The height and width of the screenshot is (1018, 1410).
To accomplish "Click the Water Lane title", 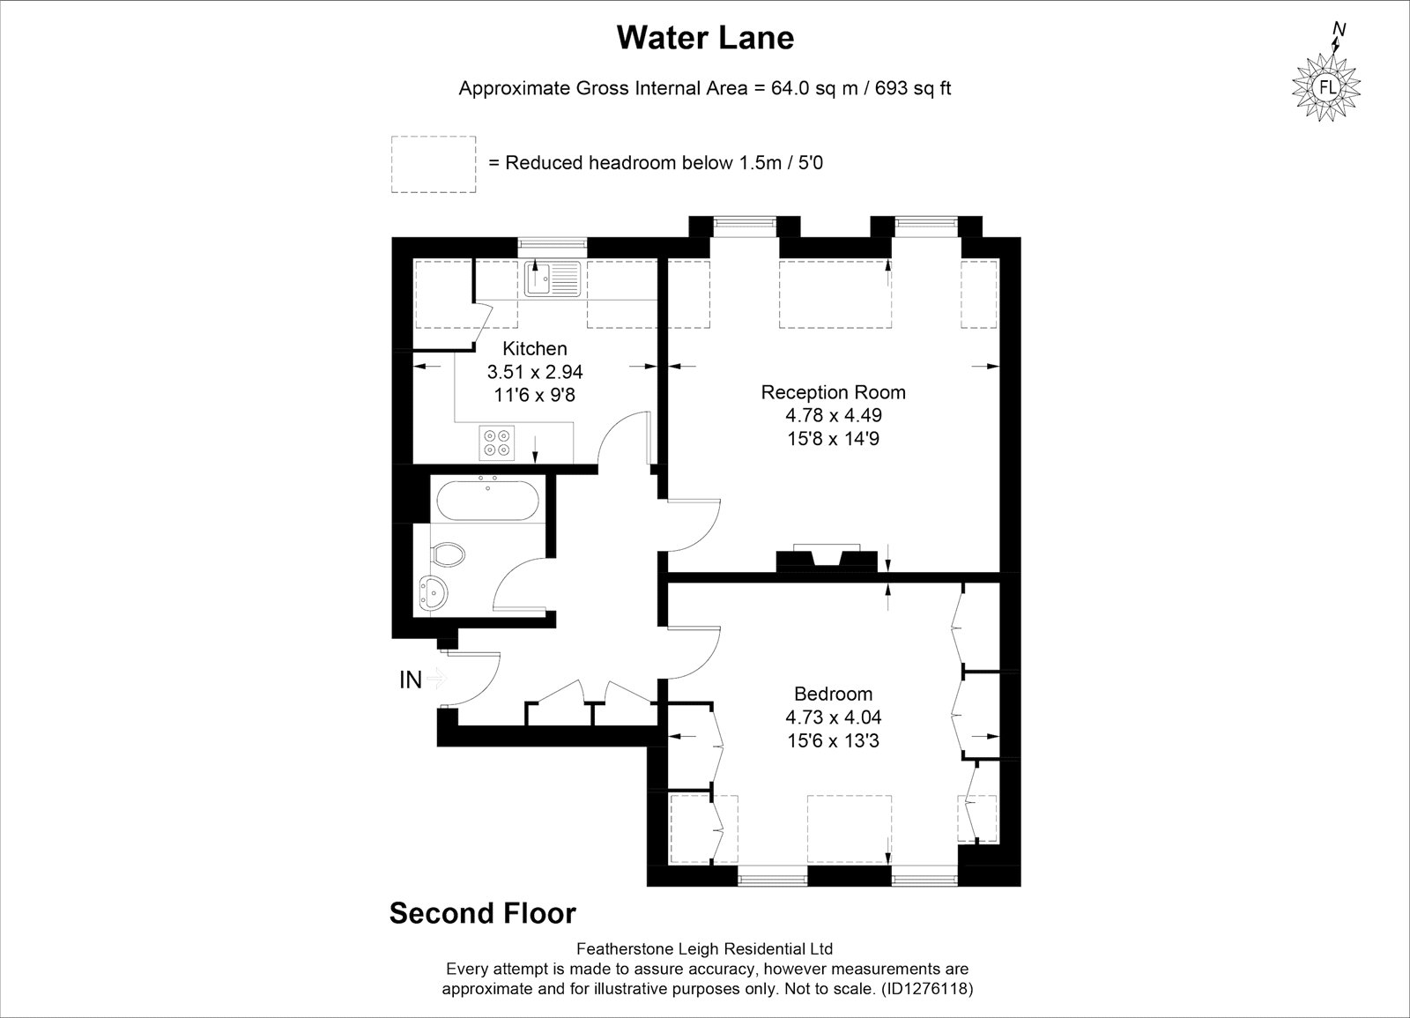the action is tap(705, 38).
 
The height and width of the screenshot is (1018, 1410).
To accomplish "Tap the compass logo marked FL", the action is tap(1326, 86).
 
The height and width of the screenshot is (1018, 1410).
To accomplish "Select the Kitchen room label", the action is tap(534, 348).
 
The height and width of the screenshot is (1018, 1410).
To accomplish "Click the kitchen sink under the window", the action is tap(552, 279).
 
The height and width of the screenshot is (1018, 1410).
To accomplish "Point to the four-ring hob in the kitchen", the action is tap(497, 442).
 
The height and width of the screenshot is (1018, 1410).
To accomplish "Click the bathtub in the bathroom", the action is tap(487, 500).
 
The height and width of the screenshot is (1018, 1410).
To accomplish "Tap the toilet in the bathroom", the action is tap(448, 554).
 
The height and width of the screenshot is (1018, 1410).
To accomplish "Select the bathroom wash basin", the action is tap(433, 592).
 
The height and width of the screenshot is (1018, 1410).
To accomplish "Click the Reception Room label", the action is tap(833, 392).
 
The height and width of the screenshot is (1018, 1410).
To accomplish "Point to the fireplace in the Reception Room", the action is tap(827, 559).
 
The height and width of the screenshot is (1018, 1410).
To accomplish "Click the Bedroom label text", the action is tap(833, 694).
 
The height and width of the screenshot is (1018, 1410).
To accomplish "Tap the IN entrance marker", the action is tap(411, 680).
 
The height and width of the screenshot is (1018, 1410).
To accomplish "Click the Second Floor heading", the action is tap(482, 913).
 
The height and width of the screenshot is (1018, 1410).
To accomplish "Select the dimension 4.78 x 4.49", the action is tap(833, 415).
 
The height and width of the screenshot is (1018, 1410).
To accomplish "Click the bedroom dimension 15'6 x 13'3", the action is tap(833, 740).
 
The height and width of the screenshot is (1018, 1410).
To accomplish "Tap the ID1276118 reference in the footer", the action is tap(928, 989).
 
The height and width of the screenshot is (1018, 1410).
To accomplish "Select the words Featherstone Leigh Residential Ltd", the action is tap(705, 948).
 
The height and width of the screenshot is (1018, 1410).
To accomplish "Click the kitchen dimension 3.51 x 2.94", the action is tap(534, 372).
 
